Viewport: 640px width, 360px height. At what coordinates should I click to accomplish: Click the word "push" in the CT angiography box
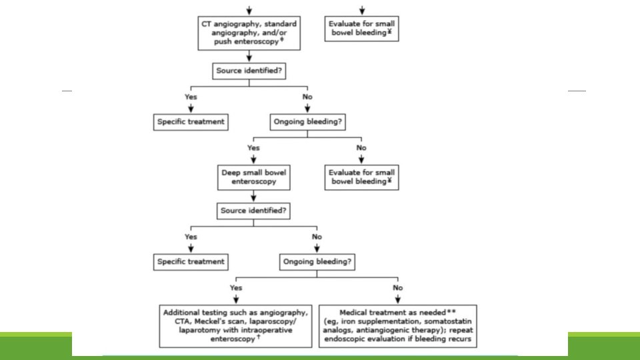tap(223, 41)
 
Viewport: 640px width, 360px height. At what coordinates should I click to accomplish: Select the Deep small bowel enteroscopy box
tap(254, 177)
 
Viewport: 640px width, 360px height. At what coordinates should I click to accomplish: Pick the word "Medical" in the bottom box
tap(354, 313)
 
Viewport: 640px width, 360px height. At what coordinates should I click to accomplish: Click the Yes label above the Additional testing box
tap(236, 288)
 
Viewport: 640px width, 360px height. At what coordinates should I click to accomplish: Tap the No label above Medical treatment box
tap(398, 288)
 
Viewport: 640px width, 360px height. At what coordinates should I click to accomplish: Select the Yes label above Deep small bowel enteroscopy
tap(253, 148)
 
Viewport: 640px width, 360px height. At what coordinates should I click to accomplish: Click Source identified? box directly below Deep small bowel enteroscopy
tap(253, 211)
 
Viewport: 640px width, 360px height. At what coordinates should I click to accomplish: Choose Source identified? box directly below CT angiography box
tap(249, 71)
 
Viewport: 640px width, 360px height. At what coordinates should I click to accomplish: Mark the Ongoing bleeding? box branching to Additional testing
tap(317, 262)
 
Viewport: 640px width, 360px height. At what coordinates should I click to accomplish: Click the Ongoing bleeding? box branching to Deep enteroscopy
tap(308, 122)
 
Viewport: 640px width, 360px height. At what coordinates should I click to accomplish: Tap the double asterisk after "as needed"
tap(451, 311)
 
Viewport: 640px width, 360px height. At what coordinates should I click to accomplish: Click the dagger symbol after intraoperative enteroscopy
tap(259, 337)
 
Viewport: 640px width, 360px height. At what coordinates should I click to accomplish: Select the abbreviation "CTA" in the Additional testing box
tap(182, 321)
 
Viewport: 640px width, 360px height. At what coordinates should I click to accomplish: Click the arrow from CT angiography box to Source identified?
tap(249, 56)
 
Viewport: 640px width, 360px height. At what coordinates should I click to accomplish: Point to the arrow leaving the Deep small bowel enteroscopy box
tap(253, 196)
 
